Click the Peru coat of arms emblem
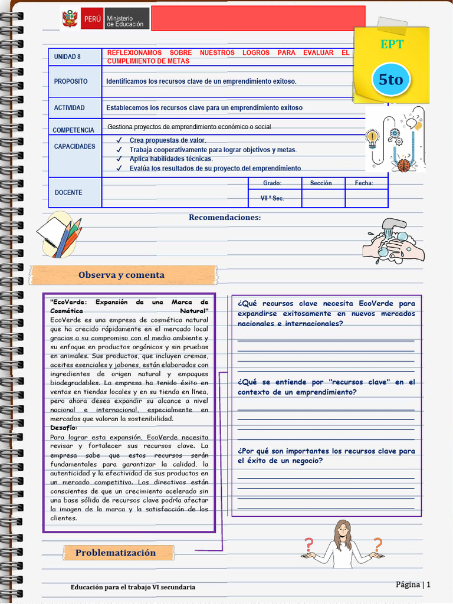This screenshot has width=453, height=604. (70, 19)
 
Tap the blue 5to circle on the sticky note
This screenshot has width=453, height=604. (390, 79)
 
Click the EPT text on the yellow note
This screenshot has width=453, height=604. (392, 44)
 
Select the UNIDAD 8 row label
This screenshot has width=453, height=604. (67, 57)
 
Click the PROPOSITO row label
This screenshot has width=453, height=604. (71, 81)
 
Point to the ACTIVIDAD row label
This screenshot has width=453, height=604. (70, 108)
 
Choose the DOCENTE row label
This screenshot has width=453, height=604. (68, 193)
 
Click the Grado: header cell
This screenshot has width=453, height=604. (273, 183)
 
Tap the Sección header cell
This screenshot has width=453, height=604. (321, 183)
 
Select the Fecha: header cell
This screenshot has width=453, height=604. (364, 183)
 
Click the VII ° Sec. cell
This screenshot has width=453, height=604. (273, 198)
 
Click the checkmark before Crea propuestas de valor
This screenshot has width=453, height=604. (119, 140)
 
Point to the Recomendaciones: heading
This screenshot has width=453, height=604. (225, 218)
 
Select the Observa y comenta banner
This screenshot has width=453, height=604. (122, 275)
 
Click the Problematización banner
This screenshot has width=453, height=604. (116, 553)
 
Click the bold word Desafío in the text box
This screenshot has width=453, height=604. (63, 428)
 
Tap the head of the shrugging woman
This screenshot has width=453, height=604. (343, 528)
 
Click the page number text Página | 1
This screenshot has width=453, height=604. (413, 585)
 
